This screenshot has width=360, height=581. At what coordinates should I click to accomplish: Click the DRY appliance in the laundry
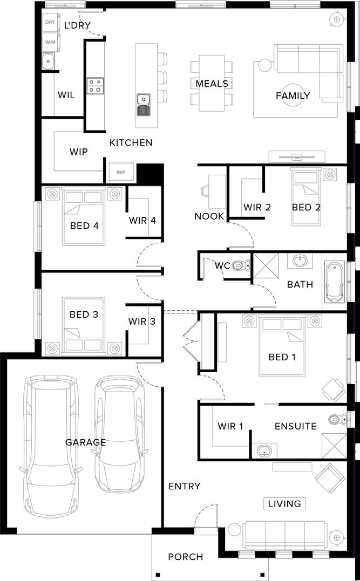point(49,22)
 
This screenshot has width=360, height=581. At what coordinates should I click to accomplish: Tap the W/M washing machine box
point(49,42)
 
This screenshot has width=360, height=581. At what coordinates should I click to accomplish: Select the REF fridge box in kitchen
point(121,172)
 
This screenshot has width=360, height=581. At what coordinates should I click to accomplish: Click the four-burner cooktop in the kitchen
point(95,86)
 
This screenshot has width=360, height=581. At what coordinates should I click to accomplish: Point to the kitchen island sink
point(143,104)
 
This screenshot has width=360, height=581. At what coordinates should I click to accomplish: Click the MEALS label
point(212,84)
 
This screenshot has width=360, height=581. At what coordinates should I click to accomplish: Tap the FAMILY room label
point(293,95)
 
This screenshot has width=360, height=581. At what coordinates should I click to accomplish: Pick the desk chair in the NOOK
point(205,191)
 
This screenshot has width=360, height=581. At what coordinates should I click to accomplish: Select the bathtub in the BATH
point(335,282)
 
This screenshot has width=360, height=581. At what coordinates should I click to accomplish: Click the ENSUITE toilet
point(337,419)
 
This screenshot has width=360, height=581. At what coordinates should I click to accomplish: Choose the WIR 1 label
point(230,426)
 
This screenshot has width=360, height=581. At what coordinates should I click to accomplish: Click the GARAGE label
point(86,442)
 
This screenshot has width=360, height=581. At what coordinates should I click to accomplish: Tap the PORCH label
point(185,557)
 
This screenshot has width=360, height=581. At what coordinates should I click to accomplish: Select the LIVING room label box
point(284,503)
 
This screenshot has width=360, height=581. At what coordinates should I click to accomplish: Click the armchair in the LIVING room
point(330,479)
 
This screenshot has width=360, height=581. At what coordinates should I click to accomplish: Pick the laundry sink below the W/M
point(48,61)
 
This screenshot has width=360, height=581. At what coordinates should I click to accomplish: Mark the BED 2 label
point(306,208)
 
